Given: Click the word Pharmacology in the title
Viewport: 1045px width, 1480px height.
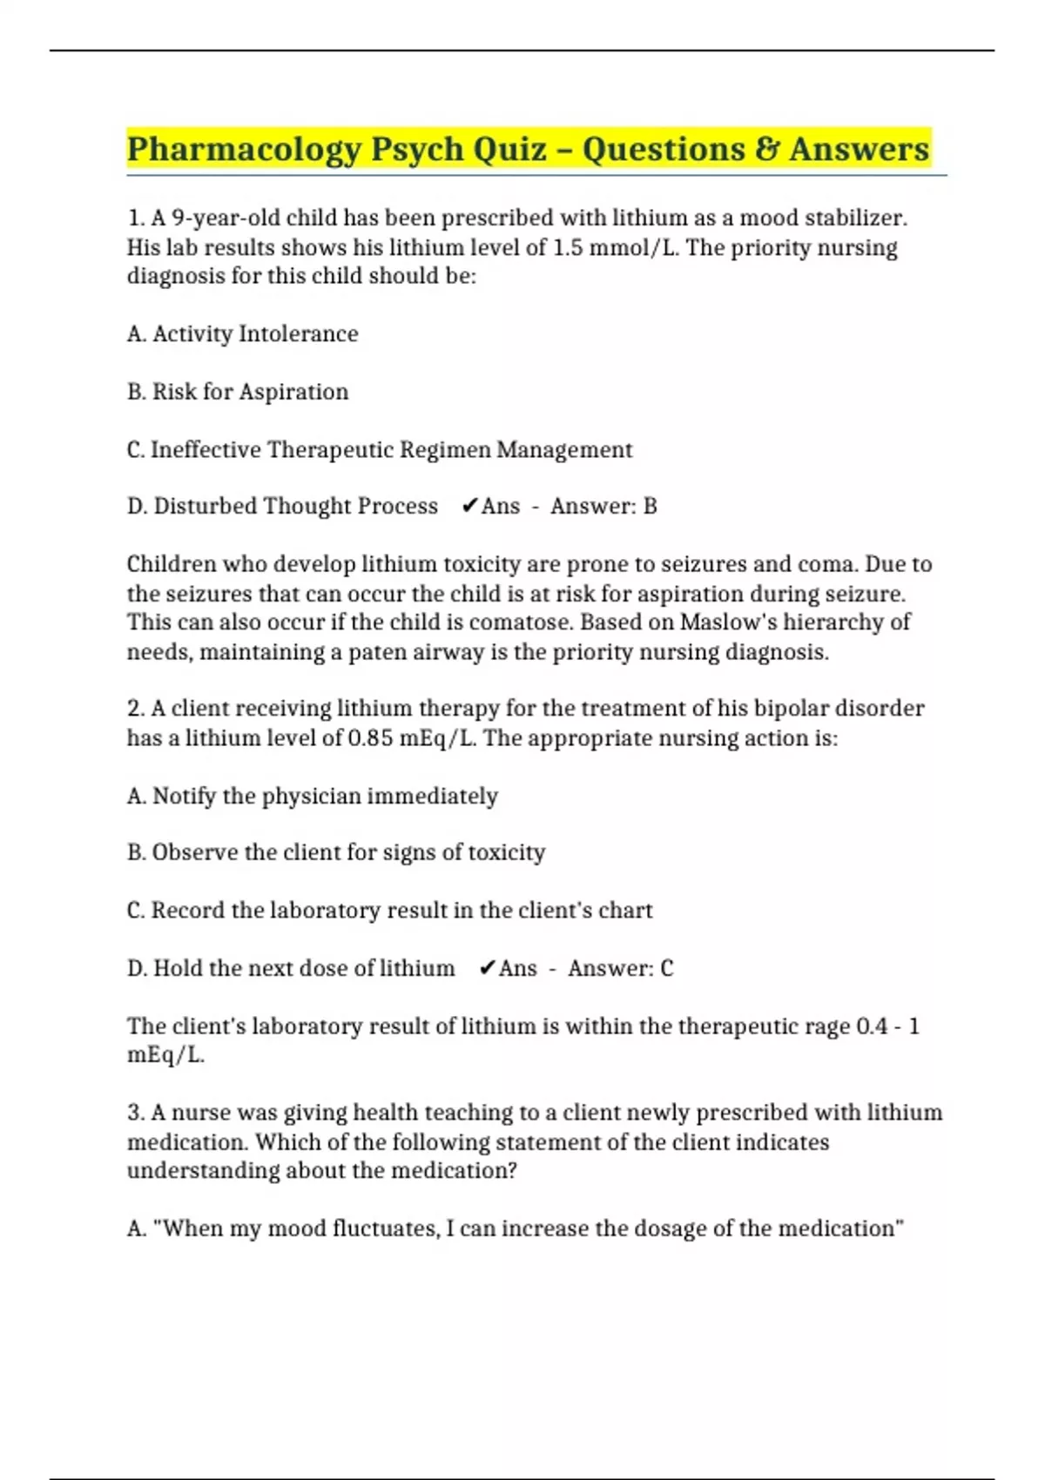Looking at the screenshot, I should coord(243,149).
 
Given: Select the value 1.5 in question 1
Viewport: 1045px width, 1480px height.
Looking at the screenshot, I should coord(568,247).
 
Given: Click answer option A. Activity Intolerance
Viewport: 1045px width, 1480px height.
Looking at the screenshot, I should coord(242,333).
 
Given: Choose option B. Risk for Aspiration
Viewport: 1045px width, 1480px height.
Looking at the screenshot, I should coord(237,392).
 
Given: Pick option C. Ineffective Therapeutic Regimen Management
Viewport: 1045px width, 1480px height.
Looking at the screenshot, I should coord(379,450).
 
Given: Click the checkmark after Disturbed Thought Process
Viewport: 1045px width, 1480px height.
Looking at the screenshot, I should coord(469,506).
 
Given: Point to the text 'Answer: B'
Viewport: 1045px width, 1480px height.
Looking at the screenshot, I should coord(603,506).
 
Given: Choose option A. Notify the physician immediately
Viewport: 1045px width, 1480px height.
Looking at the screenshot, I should coord(312,796).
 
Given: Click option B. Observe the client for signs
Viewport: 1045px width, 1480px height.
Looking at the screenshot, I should coord(335,852).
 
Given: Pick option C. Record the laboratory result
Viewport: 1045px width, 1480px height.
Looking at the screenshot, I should coord(388,911).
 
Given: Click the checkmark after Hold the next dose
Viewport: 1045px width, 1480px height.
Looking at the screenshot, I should coord(488,968).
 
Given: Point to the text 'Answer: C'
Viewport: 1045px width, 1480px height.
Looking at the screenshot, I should coord(620,968).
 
